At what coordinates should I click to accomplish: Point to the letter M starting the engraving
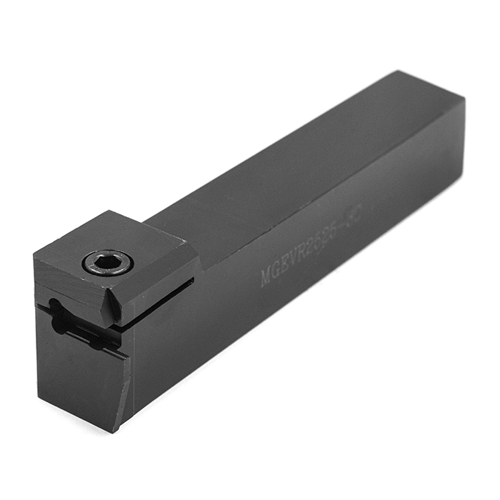coord(266,276)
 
